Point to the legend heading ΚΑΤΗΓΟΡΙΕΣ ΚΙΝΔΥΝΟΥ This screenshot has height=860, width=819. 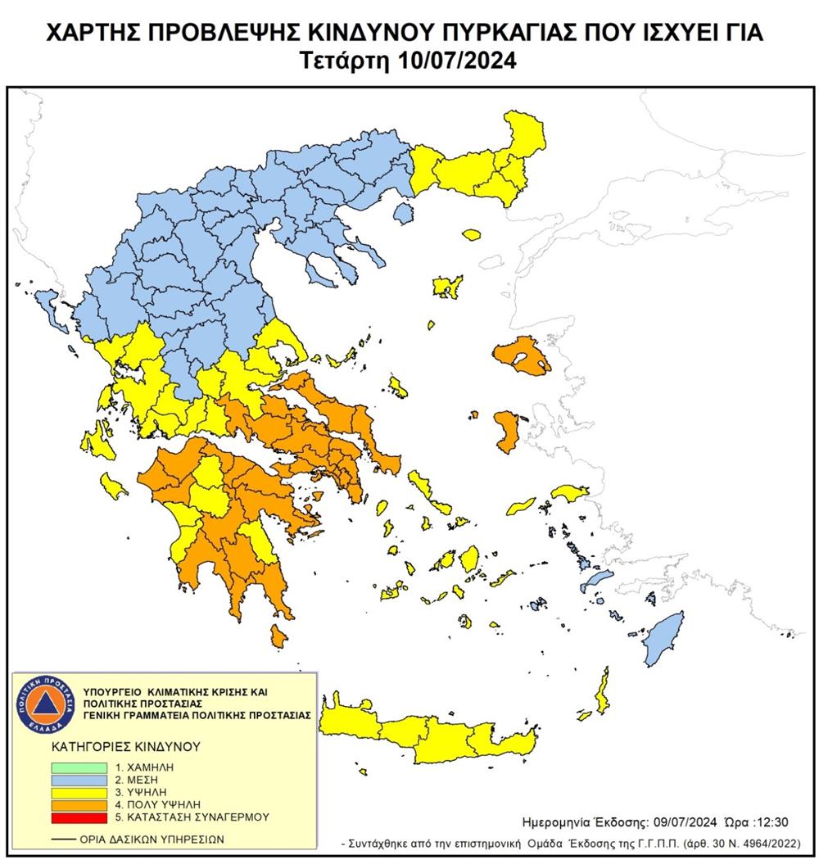pos(115,748)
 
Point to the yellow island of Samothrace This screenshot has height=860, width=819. pos(471,235)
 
